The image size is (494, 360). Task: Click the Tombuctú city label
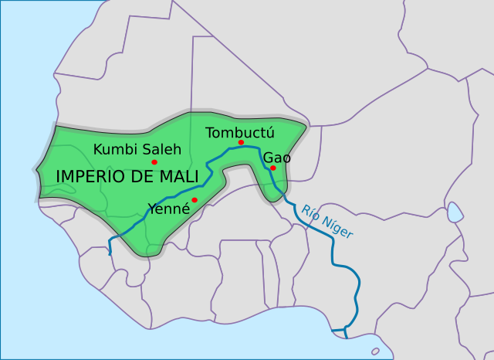coord(240,131)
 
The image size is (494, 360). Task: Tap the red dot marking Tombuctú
coord(242,143)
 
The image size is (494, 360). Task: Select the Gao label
coord(277,158)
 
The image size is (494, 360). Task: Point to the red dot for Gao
coord(273,168)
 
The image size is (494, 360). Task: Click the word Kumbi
coord(112,149)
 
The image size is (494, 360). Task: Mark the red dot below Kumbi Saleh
coord(154,162)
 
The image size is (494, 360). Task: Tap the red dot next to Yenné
coord(195,200)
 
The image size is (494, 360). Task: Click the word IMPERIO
coord(94,177)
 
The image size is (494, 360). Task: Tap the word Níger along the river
coord(337,228)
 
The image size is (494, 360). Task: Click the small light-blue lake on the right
coord(455,211)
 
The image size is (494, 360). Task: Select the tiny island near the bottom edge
coord(375,351)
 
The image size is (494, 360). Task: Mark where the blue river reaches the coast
coord(345,335)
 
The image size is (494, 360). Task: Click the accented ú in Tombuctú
coord(269,131)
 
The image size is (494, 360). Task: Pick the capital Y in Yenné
coord(152,208)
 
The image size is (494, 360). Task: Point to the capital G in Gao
coord(268,158)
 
